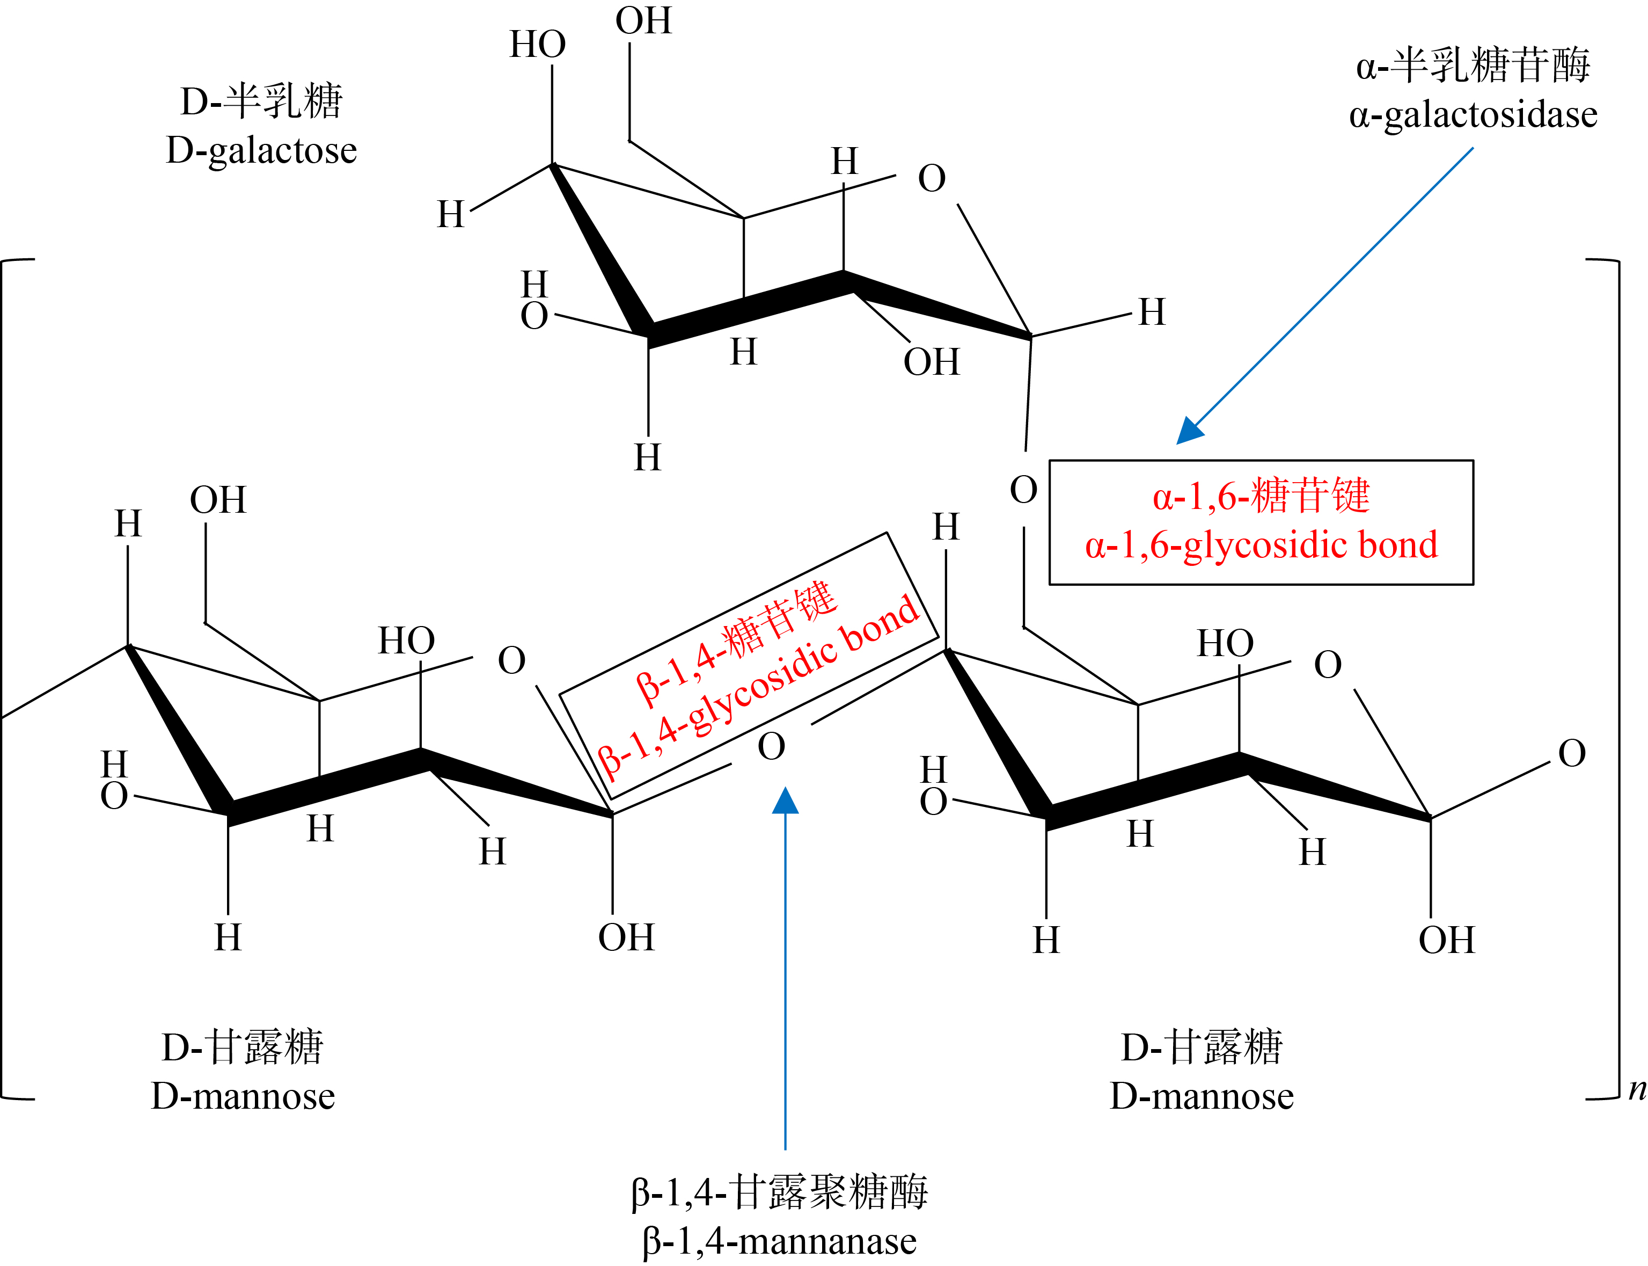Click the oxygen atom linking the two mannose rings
pos(771,747)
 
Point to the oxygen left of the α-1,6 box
pos(1023,490)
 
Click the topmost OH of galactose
pos(643,20)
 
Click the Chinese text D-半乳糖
pos(261,101)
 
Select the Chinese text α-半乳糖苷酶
pos(1473,66)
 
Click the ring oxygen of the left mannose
pos(511,661)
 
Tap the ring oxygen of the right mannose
pos(1328,665)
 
